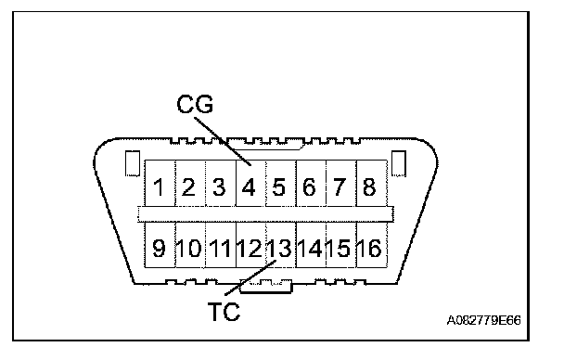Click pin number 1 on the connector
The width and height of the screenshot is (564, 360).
(160, 184)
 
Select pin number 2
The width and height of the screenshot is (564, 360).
(190, 184)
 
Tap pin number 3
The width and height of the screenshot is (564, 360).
(221, 184)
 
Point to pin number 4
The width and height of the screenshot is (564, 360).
(250, 184)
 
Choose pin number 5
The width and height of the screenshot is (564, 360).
(281, 184)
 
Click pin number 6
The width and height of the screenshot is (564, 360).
(311, 184)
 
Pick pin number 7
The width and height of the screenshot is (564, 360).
(341, 184)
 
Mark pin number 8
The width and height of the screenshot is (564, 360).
(372, 184)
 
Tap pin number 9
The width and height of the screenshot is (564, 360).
(160, 245)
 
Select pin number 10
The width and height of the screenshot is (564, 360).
(190, 245)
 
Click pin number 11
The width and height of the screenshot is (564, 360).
(221, 245)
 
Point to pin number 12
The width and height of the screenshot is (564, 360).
(250, 245)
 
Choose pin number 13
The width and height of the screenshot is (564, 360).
(281, 245)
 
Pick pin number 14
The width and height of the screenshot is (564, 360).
(311, 245)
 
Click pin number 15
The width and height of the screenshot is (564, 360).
(341, 245)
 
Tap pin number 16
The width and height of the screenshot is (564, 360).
(372, 245)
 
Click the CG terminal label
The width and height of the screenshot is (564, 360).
(195, 104)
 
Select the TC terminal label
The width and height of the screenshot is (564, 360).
(224, 312)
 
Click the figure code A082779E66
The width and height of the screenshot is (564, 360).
(483, 320)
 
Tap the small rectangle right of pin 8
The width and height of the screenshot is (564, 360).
(399, 163)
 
